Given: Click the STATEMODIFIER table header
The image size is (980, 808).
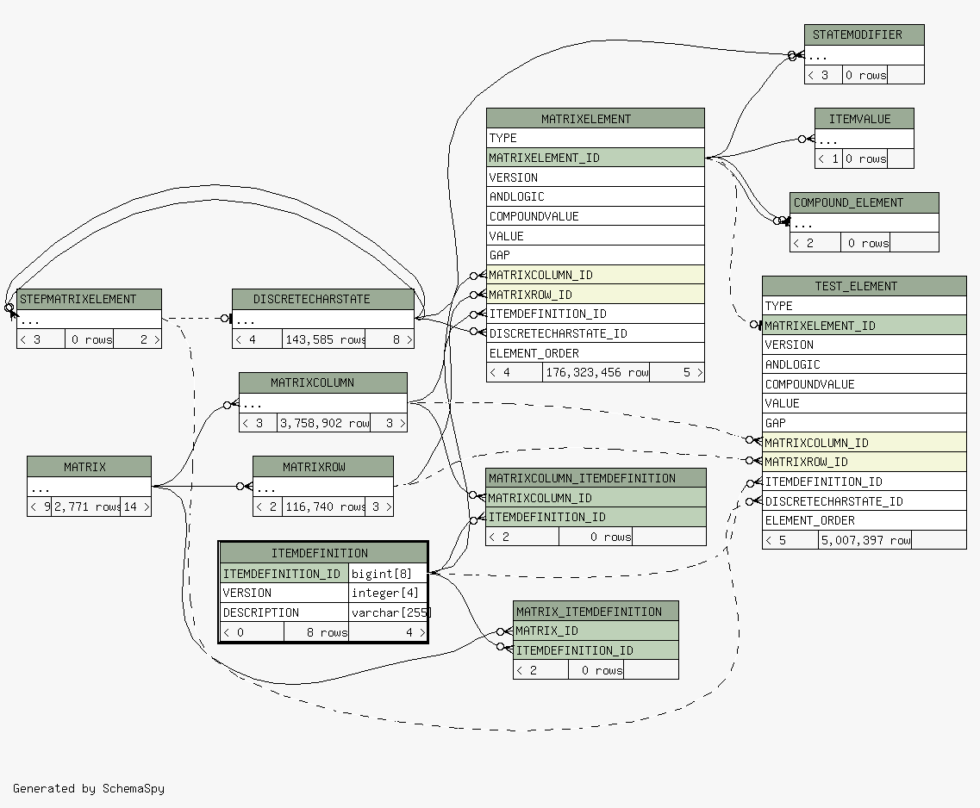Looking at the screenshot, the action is [x=864, y=35].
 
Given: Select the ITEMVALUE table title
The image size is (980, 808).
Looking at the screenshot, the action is [x=864, y=119].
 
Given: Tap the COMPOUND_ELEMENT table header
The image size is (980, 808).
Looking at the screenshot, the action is [x=864, y=202].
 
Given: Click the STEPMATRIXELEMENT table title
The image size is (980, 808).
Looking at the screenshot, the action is [x=89, y=299].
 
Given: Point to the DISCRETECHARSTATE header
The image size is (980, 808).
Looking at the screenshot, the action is [x=322, y=299].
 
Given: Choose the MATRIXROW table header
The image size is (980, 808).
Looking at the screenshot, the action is [x=322, y=466].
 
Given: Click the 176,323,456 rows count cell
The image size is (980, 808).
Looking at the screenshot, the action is [x=596, y=372].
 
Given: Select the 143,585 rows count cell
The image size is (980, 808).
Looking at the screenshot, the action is [x=324, y=339].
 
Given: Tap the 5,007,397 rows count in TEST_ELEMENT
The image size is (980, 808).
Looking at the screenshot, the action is [x=865, y=539].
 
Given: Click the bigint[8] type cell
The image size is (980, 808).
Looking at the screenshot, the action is [x=388, y=573].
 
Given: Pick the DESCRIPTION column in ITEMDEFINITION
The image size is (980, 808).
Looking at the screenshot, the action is [x=284, y=612].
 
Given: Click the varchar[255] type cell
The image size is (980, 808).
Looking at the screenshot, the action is [x=388, y=612].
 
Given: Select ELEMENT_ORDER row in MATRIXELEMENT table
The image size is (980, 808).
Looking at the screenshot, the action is [x=595, y=353].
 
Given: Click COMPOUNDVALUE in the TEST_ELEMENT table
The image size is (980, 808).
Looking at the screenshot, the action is [x=864, y=384].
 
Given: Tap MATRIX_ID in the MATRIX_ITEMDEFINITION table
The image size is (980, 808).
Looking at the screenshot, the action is [x=596, y=631].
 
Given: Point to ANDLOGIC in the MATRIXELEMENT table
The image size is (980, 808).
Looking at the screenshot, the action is [x=595, y=196].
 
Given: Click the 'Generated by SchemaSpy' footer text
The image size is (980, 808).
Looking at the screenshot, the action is [x=89, y=788].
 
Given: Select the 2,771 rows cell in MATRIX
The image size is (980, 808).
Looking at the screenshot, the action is [x=86, y=507].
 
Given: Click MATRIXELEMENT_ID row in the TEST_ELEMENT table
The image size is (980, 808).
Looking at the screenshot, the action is [x=864, y=326].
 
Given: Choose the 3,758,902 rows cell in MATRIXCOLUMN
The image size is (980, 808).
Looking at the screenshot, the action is [x=324, y=423].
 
